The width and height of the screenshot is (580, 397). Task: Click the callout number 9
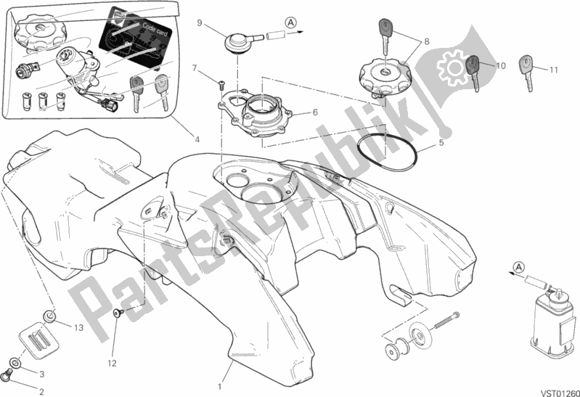tap(198, 23)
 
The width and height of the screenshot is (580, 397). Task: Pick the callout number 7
tap(195, 68)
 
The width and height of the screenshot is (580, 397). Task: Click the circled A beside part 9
tap(290, 22)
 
